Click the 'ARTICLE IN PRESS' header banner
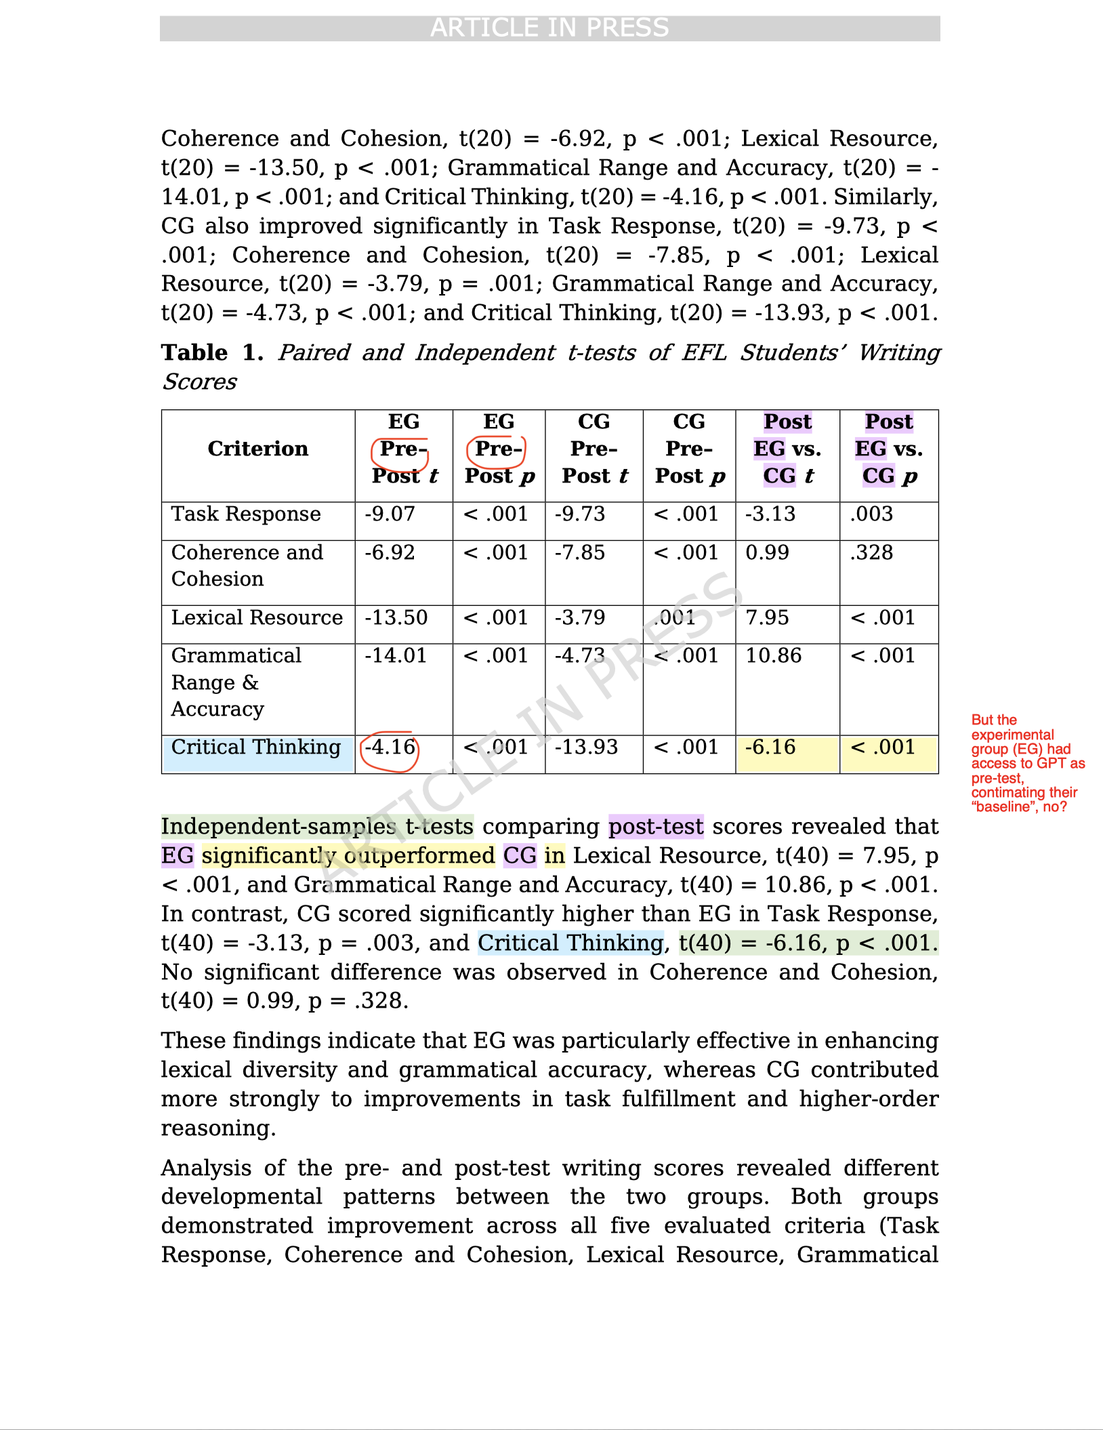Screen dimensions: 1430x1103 (549, 28)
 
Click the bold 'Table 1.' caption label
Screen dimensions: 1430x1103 (212, 352)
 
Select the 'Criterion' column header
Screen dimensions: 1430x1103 (257, 449)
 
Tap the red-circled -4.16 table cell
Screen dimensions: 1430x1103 (390, 748)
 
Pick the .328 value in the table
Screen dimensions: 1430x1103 (871, 553)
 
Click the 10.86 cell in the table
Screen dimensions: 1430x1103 (773, 656)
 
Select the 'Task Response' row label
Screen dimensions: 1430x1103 (245, 514)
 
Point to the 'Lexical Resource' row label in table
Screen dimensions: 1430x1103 (257, 618)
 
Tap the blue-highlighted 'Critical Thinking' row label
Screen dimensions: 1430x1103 (256, 748)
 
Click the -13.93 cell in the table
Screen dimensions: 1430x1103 (586, 748)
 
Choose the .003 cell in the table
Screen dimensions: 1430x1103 (871, 514)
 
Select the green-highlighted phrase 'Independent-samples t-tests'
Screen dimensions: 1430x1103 (317, 827)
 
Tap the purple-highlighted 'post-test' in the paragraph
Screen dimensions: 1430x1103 (656, 827)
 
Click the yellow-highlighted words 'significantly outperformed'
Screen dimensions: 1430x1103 (348, 856)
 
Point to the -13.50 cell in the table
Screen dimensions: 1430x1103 (396, 618)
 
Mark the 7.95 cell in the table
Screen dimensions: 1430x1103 (767, 618)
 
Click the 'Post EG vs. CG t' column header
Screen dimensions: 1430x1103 (787, 449)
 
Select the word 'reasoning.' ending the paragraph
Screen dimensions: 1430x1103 (218, 1128)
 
